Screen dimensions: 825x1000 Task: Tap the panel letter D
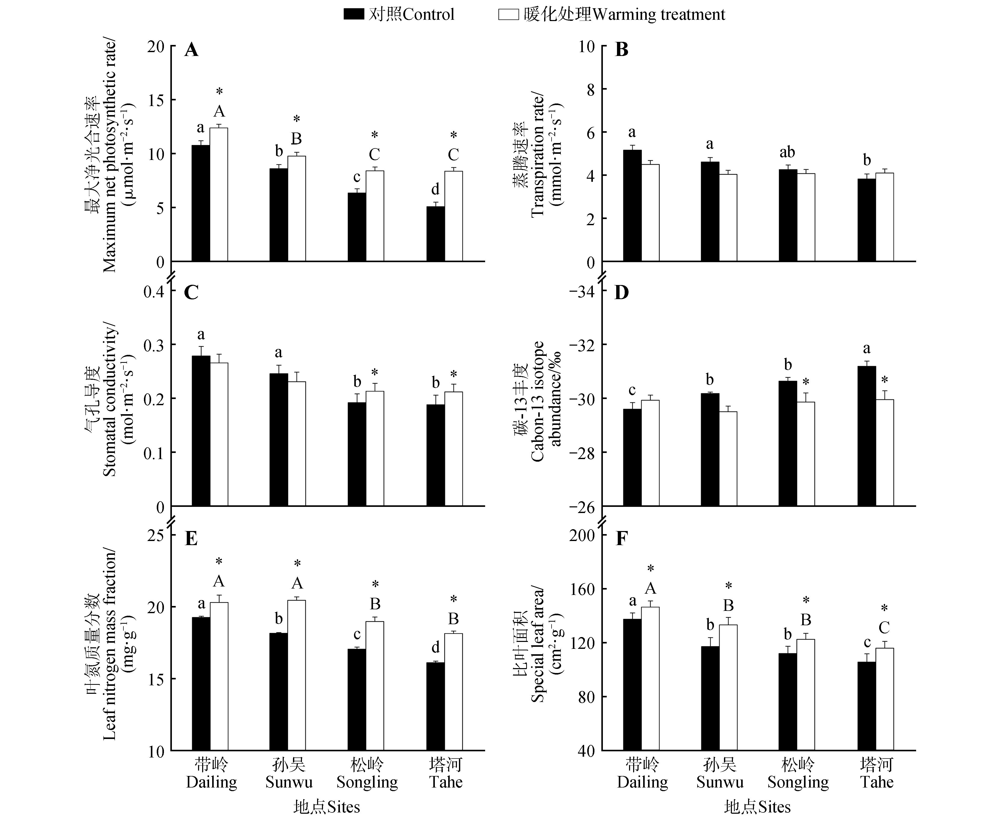[x=622, y=293]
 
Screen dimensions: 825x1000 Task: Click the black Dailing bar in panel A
[x=201, y=203]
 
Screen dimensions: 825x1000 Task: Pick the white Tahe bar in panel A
[x=454, y=216]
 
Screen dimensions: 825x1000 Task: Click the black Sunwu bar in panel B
[x=710, y=212]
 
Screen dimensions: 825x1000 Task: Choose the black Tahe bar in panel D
[x=867, y=436]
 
